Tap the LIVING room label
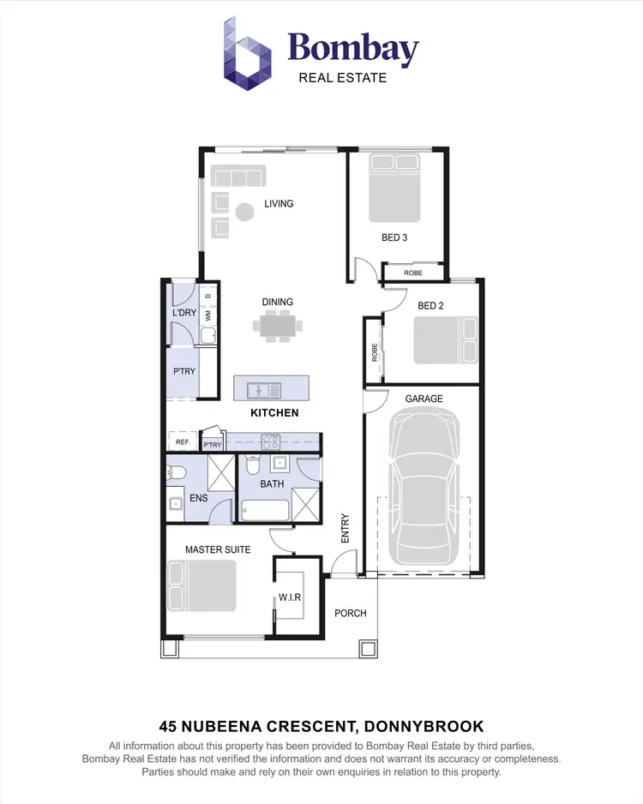[x=279, y=203]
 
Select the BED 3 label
[x=394, y=237]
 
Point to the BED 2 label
[x=430, y=305]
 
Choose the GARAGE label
[x=424, y=399]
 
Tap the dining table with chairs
[x=278, y=326]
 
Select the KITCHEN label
[x=274, y=413]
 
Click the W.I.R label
[x=289, y=597]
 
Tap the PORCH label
[x=350, y=613]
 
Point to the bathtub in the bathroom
[x=264, y=512]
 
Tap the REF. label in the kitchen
[x=182, y=443]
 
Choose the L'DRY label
[x=184, y=313]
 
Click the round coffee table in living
[x=245, y=211]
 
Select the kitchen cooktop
[x=271, y=442]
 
